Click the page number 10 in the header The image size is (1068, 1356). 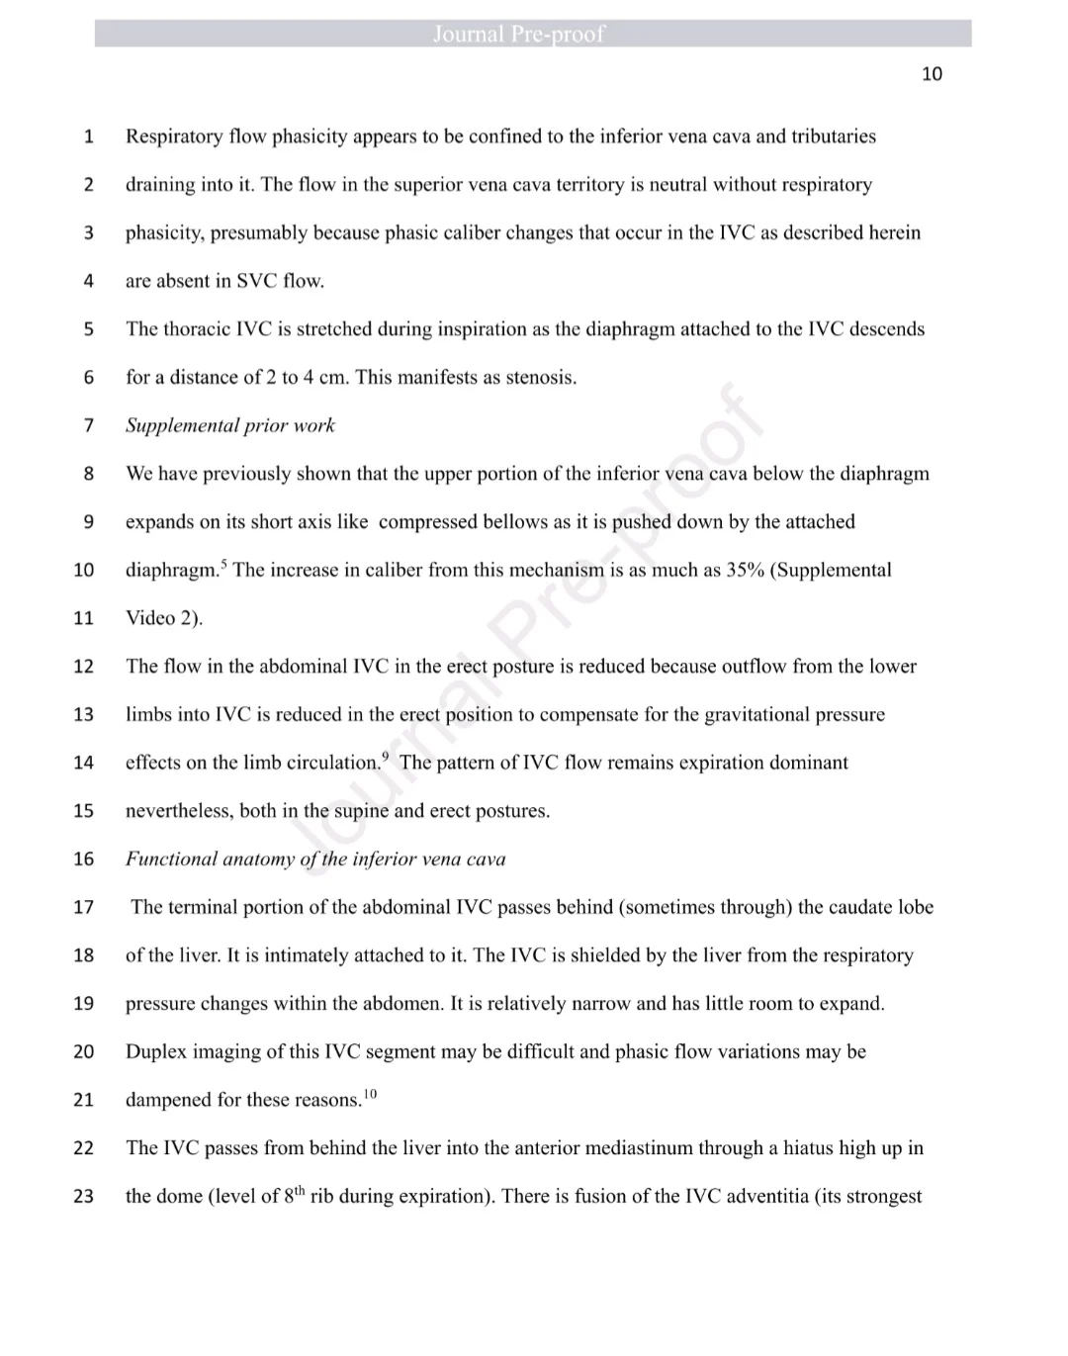pos(932,74)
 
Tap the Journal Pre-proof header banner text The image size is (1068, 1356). pos(518,35)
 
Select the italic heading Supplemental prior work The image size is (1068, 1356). pos(230,425)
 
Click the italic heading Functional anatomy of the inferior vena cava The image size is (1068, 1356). pos(315,859)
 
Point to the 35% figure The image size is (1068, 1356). pos(745,570)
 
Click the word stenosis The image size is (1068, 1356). pos(541,377)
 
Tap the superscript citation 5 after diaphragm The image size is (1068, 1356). pos(223,565)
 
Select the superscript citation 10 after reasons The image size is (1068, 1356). pos(370,1094)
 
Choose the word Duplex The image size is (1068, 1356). pos(156,1051)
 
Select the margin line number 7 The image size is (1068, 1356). pos(89,425)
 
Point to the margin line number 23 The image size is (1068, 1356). pos(84,1196)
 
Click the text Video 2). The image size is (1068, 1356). pos(164,618)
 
